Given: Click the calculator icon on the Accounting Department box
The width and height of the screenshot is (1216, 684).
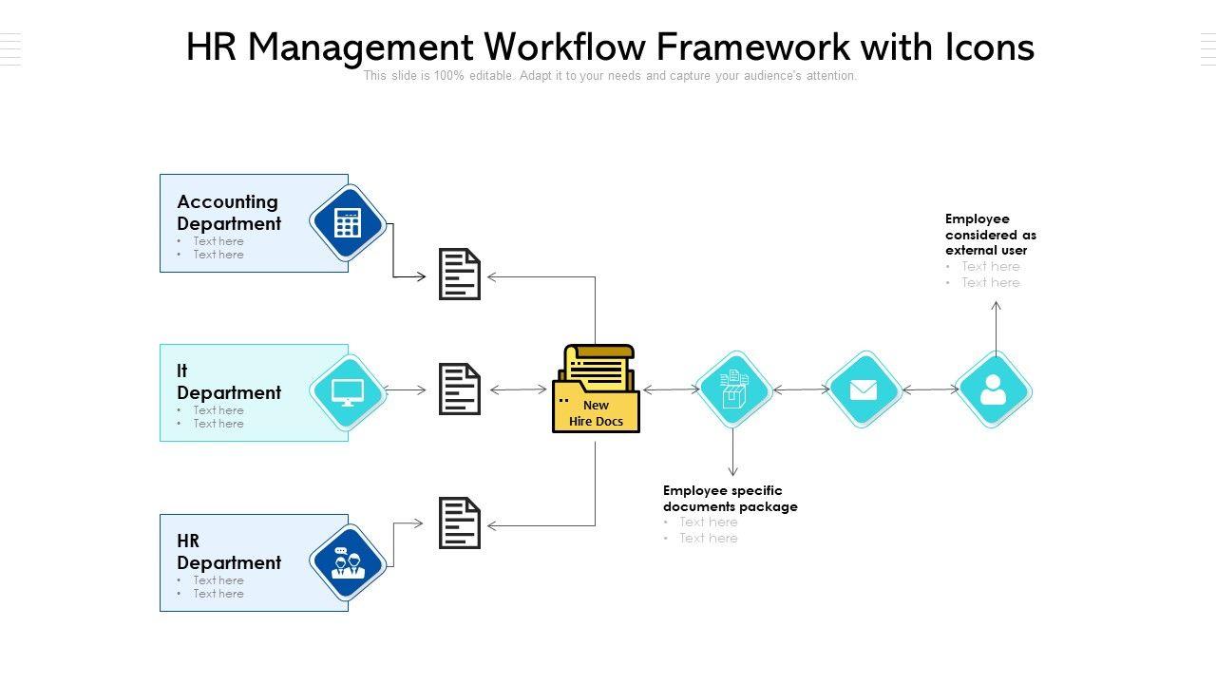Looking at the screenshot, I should coord(348,223).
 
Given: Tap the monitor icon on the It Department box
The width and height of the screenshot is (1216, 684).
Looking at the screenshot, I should coord(348,391).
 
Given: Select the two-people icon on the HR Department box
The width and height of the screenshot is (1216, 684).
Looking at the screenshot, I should coord(348,562).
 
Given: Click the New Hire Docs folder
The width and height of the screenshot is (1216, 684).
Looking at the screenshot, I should coord(596,389).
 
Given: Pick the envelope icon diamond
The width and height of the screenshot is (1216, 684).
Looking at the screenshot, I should coord(864,389).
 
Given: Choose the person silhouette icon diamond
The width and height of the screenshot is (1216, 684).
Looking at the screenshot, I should coord(993,389).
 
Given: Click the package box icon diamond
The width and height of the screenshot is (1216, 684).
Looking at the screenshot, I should coord(733,389).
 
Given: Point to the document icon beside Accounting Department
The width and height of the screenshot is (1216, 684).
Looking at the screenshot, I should coord(460,275).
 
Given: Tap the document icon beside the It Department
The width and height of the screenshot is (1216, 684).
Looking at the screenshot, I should coord(460,389).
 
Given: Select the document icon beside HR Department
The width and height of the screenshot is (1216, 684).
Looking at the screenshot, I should coord(460,523).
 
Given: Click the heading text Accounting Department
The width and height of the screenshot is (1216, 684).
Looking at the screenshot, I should coord(229,213).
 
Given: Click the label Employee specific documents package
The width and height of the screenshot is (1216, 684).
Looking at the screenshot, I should coord(730,499).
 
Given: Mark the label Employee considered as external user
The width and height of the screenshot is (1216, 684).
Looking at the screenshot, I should coord(991,235).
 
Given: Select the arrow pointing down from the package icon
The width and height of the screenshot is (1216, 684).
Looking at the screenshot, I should coord(733,453).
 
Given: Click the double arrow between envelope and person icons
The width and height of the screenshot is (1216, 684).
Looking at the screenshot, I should coord(931,389).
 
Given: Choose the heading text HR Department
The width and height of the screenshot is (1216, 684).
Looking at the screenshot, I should coord(229,552).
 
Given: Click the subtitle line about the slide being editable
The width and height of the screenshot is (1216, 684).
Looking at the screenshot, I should coord(610,76).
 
